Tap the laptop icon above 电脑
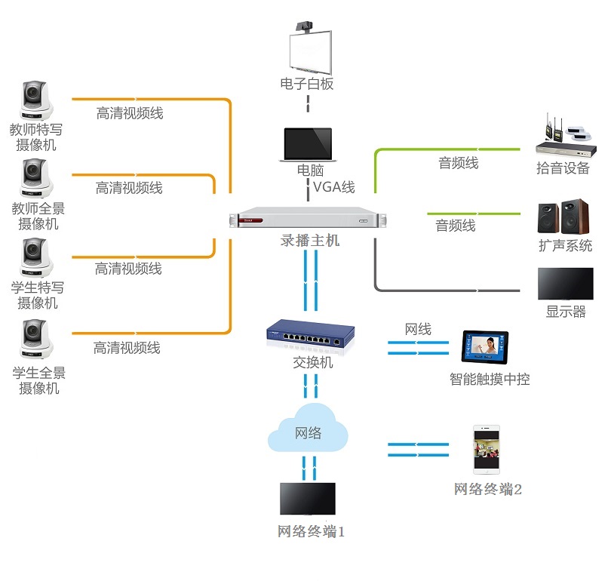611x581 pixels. pyautogui.click(x=306, y=144)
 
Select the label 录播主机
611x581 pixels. pyautogui.click(x=310, y=241)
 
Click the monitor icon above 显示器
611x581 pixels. pyautogui.click(x=565, y=284)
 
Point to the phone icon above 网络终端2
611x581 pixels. pyautogui.click(x=487, y=450)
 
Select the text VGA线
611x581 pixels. pyautogui.click(x=334, y=186)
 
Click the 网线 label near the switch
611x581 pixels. pyautogui.click(x=418, y=329)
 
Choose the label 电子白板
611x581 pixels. pyautogui.click(x=307, y=84)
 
